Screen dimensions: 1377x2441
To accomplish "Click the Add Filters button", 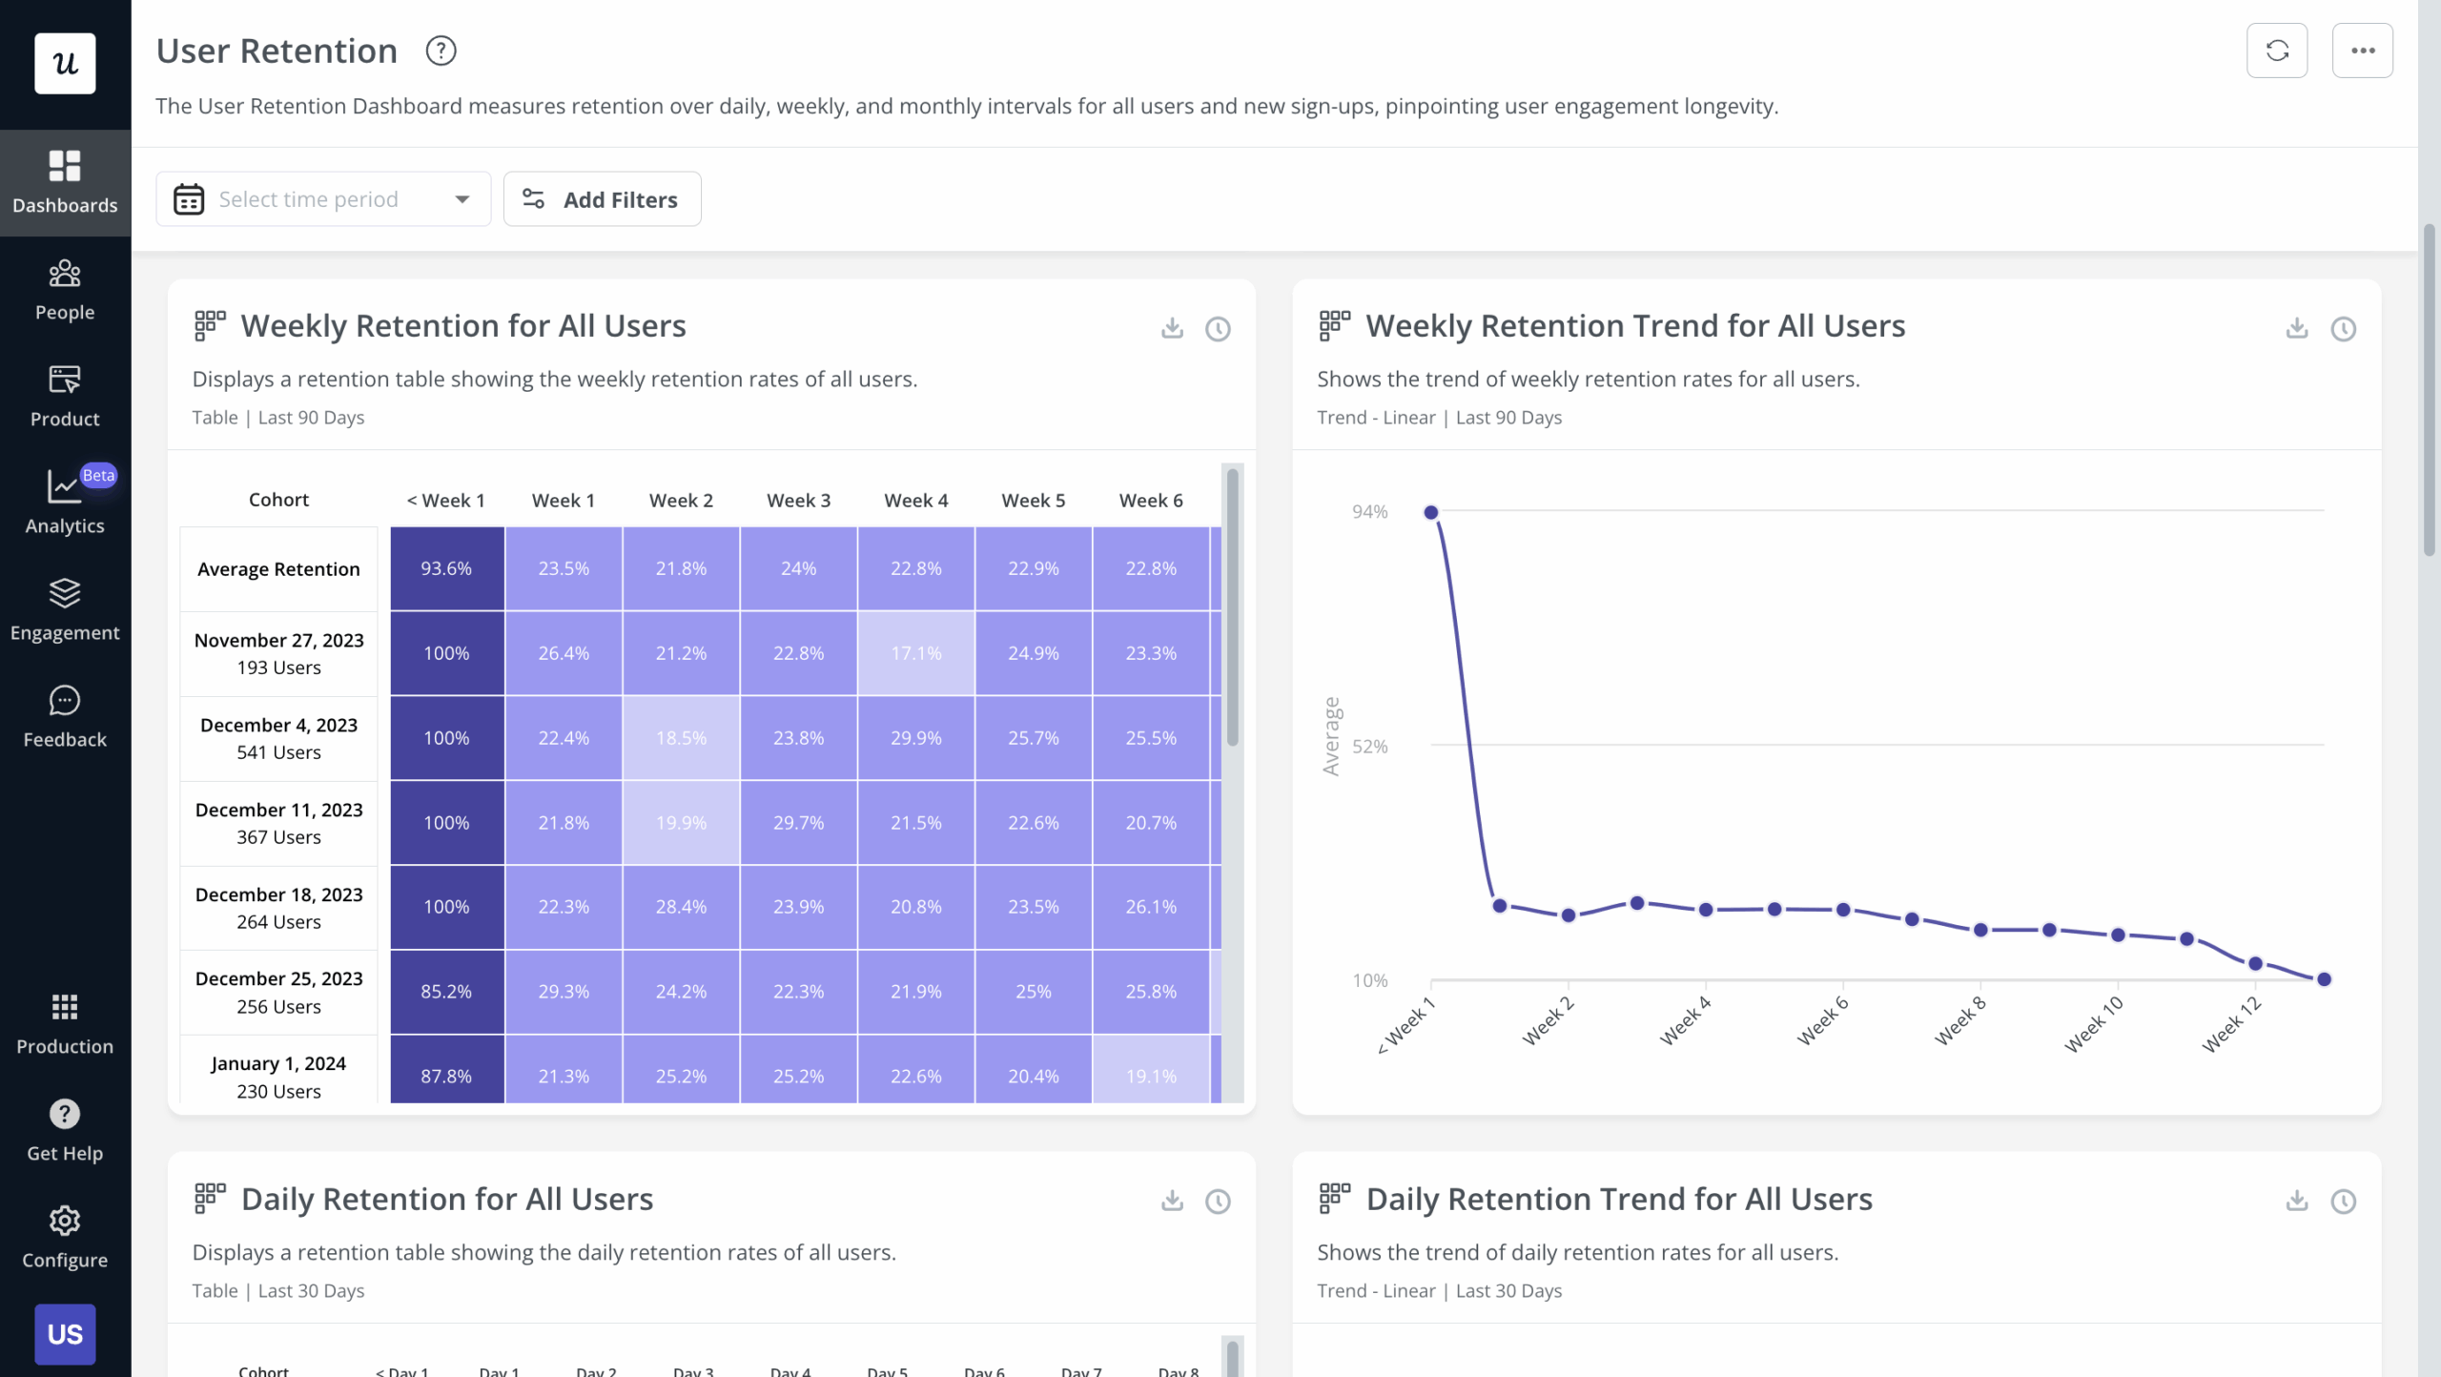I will [602, 199].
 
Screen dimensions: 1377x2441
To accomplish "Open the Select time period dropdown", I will [323, 199].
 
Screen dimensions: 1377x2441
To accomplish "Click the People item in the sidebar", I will [65, 290].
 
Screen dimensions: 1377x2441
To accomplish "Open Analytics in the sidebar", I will [65, 503].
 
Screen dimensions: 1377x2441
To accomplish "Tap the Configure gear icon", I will [65, 1221].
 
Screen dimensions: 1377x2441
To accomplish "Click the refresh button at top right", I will [2276, 51].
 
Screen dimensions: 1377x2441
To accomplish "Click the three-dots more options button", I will [2362, 51].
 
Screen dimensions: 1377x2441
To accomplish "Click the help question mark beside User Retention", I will [441, 51].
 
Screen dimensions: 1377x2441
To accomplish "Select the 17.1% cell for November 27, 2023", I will [915, 653].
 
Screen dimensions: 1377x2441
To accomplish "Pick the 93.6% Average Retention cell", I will [446, 568].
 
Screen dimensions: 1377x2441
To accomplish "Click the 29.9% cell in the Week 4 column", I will [915, 738].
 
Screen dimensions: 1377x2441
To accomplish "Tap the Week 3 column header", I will [798, 501].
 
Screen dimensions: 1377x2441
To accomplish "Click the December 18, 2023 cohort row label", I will [278, 908].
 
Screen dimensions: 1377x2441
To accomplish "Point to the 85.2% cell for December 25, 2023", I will [446, 992].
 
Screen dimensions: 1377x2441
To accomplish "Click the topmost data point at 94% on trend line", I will [1430, 513].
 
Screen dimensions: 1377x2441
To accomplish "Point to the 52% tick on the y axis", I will [1369, 747].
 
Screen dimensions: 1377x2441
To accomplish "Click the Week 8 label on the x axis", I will [1960, 1020].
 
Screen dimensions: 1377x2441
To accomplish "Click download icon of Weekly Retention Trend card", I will [2296, 329].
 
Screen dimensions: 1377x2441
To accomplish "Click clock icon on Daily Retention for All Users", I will [1218, 1202].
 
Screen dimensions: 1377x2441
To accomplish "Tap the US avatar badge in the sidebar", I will [65, 1334].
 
